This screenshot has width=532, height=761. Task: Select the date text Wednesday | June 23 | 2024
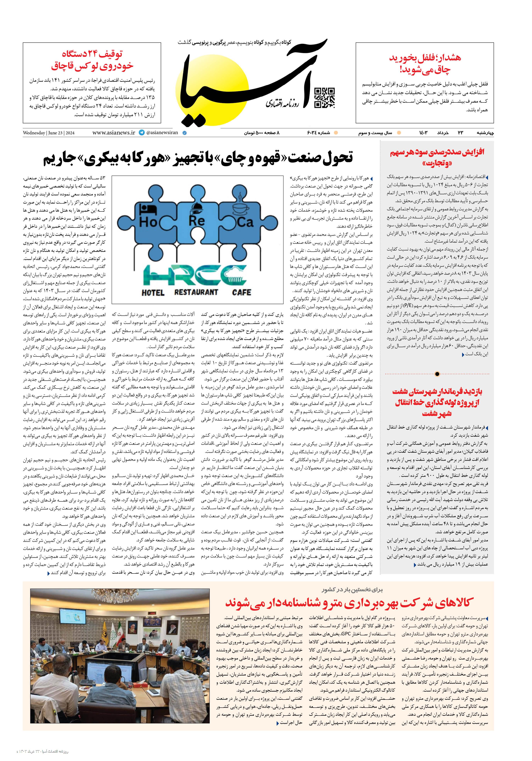click(x=49, y=133)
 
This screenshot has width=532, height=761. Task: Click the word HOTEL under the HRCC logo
click(x=153, y=293)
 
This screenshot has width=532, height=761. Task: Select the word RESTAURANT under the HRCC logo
click(x=196, y=292)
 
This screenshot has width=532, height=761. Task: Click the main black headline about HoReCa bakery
click(x=198, y=159)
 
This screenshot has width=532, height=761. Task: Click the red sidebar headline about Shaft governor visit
click(x=437, y=402)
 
